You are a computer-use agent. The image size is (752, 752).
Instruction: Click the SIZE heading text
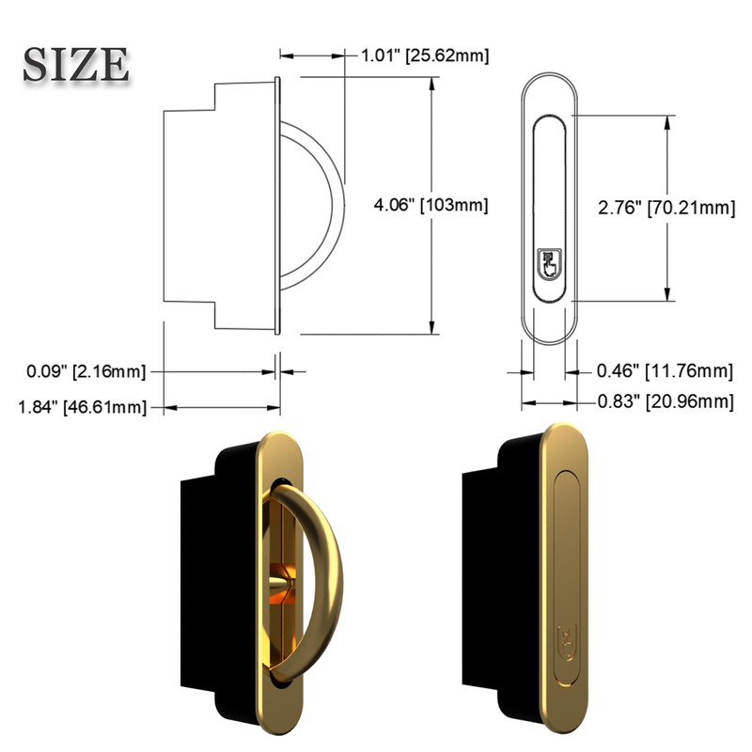tap(76, 64)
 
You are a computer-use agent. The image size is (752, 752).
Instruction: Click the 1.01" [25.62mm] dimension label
tap(425, 55)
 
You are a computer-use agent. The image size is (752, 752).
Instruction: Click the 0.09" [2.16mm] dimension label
tap(86, 372)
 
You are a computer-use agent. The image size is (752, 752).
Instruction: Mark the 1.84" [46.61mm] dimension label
tap(83, 406)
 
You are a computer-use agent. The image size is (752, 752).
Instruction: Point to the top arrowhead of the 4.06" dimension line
tap(433, 82)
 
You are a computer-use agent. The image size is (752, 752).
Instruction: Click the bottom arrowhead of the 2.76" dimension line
tap(669, 296)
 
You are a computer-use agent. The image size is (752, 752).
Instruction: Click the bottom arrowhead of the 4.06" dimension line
tap(433, 328)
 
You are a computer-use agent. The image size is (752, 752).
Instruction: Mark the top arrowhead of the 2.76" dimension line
tap(669, 120)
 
